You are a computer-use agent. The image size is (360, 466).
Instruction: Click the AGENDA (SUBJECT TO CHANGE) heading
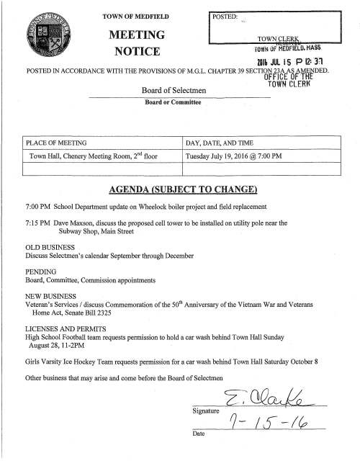[x=180, y=189]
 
